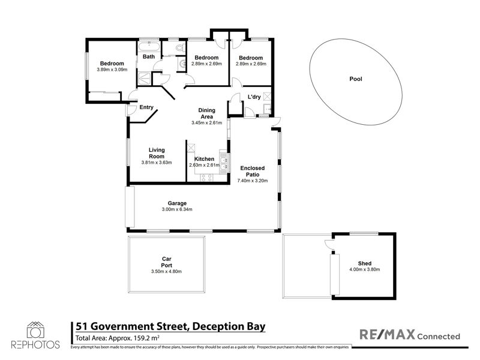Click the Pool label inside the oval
click(356, 79)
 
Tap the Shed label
click(365, 263)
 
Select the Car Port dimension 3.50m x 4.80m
click(166, 272)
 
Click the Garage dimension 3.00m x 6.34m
click(177, 209)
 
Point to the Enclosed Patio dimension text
click(253, 181)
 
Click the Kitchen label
click(204, 159)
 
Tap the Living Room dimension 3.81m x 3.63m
click(157, 163)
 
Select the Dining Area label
click(207, 113)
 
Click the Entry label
click(146, 107)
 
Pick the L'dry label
click(254, 97)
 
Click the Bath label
click(149, 56)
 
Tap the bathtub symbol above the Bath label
click(149, 47)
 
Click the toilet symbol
click(181, 48)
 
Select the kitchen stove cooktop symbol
click(206, 178)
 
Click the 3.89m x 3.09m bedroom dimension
click(112, 70)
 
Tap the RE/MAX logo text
click(387, 334)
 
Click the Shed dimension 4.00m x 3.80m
click(365, 269)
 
